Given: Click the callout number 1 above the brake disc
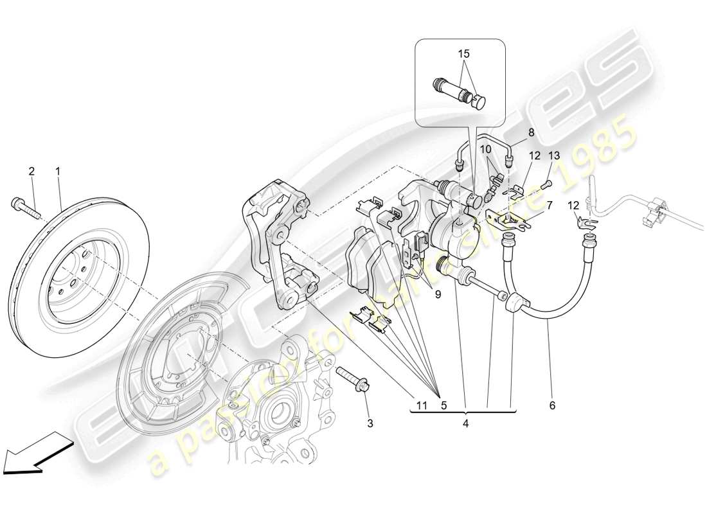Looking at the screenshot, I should [x=58, y=172].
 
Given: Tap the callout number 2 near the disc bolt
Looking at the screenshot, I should [x=30, y=172].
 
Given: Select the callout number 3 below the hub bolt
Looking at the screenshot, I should [x=370, y=423].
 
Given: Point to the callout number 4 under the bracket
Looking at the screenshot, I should [x=465, y=423].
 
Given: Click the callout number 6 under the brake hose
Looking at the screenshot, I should [x=552, y=405].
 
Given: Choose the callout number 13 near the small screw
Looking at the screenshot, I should [x=554, y=155].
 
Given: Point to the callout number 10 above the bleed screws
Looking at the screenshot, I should [x=487, y=148].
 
